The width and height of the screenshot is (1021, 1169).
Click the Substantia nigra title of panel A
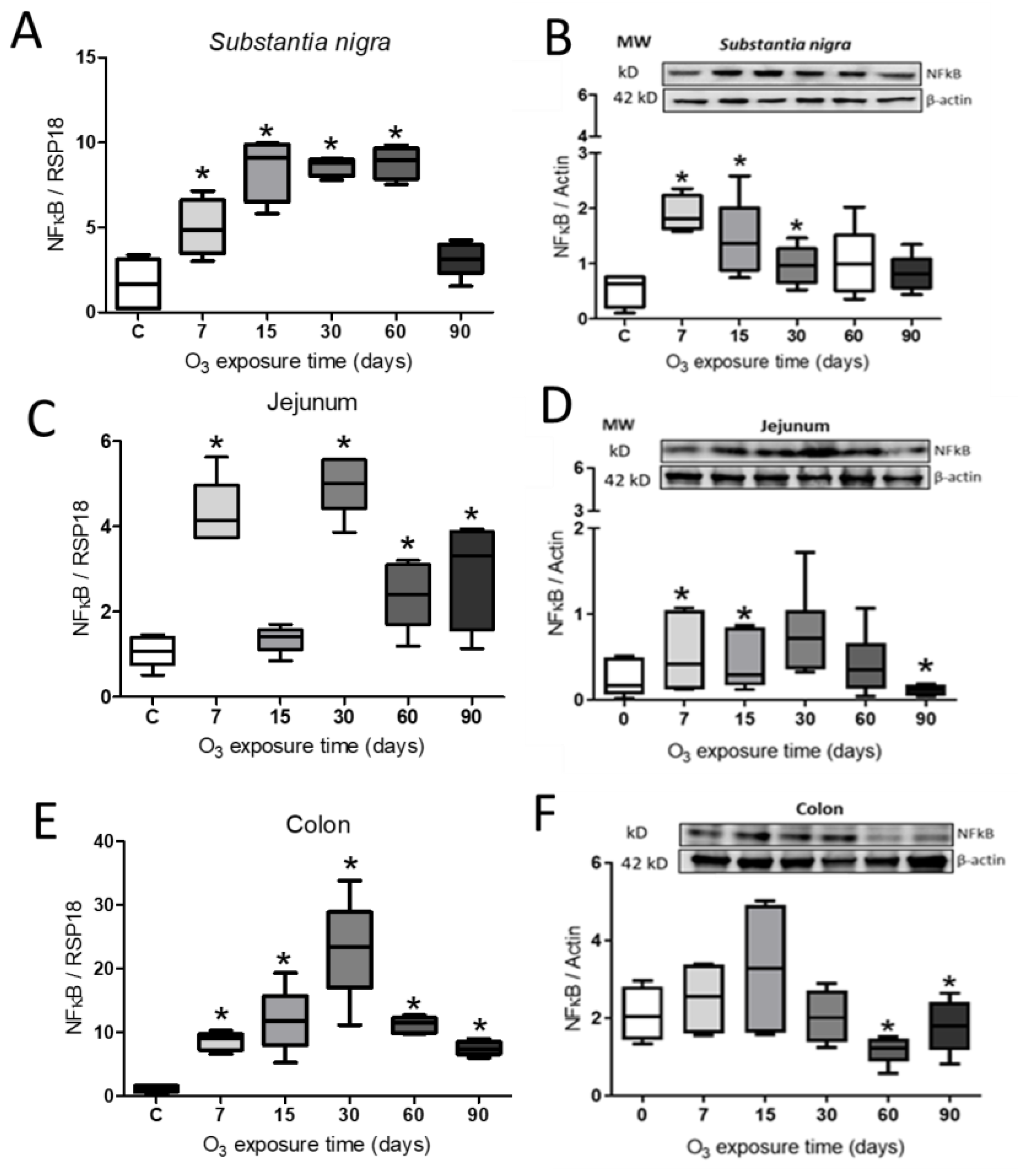pos(300,42)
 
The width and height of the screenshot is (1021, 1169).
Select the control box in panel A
pos(137,283)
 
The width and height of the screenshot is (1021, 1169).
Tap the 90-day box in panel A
pos(461,259)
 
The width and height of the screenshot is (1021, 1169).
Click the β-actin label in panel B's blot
pos(949,100)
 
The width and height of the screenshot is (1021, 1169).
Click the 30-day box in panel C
pos(343,483)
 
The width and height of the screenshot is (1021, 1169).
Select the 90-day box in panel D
pos(925,690)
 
